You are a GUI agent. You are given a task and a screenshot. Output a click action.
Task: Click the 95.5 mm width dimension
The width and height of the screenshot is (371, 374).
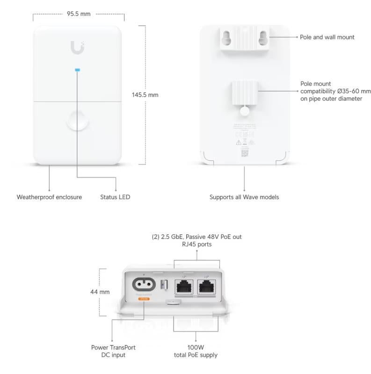(79, 14)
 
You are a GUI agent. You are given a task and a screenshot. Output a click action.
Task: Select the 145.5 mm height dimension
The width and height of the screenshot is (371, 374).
(145, 94)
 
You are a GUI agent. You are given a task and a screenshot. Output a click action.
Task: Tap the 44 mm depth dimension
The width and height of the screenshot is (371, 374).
(100, 292)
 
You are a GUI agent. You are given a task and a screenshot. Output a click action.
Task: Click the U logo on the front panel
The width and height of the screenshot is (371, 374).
(77, 47)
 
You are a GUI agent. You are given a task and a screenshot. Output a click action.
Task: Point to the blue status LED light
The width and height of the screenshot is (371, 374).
(78, 71)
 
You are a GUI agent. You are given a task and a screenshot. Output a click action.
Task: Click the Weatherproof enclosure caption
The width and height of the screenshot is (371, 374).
(50, 197)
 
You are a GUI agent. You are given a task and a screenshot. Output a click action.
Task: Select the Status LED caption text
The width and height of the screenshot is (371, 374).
(115, 197)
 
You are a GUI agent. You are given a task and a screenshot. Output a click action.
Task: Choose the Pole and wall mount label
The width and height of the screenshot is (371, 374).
(327, 37)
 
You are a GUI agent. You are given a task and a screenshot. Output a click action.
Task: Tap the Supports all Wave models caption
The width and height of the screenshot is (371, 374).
(244, 197)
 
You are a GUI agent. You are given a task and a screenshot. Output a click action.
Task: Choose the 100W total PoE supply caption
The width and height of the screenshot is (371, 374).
(196, 351)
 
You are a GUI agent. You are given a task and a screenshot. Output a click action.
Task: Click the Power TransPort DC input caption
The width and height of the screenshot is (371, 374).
(113, 351)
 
